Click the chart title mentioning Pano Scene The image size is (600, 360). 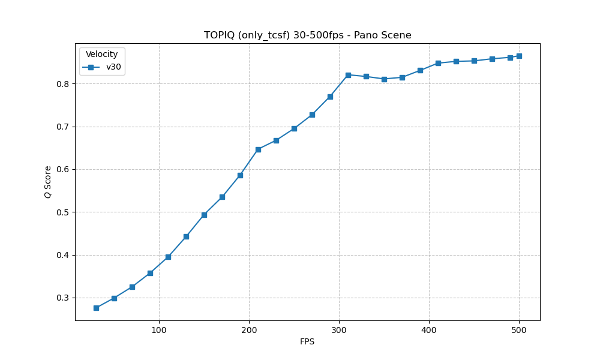[x=307, y=35]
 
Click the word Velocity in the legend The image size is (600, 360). [x=101, y=55]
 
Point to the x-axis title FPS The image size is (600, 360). [x=307, y=342]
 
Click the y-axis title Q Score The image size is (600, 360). [x=48, y=182]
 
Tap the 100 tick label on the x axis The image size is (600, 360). [x=159, y=330]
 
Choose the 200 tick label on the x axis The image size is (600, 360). [x=249, y=330]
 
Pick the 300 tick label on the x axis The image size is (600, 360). [x=339, y=330]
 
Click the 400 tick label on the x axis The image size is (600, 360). [x=429, y=330]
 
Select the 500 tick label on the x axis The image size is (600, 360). [x=519, y=330]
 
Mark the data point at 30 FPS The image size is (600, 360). [x=96, y=308]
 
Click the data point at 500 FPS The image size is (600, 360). [x=519, y=56]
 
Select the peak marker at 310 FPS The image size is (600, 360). [x=348, y=75]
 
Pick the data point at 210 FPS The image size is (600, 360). [x=258, y=149]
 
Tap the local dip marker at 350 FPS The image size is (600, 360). [x=384, y=79]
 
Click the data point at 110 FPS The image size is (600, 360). [x=168, y=257]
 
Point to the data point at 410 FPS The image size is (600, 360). [x=438, y=63]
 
